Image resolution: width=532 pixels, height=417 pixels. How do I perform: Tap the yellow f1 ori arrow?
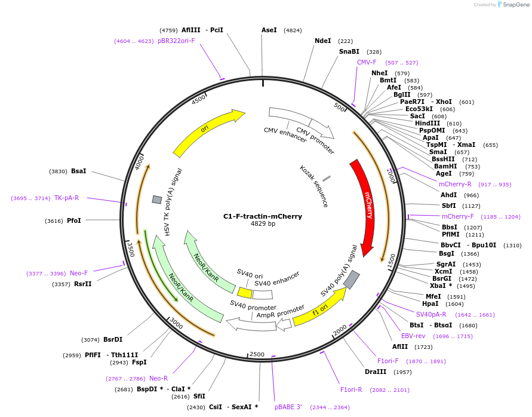[319, 309]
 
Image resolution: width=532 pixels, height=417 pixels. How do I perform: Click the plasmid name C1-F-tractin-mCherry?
[263, 216]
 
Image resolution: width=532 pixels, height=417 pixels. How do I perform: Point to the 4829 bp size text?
[263, 224]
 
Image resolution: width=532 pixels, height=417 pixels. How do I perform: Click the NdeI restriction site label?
[322, 41]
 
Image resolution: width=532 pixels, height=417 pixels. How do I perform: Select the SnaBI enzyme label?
[349, 52]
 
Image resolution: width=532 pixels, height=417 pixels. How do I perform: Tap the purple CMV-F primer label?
[367, 62]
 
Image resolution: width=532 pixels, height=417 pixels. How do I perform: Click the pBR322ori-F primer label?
[176, 41]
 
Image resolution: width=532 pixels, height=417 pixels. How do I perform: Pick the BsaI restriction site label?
[78, 171]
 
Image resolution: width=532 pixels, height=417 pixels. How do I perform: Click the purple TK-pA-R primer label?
[66, 198]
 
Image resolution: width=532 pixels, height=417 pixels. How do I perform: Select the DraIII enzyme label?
[376, 372]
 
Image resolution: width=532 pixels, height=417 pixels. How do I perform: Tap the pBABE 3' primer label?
[288, 407]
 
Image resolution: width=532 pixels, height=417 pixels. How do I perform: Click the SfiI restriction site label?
[199, 396]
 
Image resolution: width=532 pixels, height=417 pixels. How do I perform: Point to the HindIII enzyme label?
[427, 123]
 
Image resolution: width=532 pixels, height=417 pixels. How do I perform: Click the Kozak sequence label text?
[314, 186]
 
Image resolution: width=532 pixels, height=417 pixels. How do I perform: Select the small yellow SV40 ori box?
[245, 293]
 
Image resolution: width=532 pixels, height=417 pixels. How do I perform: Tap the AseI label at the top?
[269, 30]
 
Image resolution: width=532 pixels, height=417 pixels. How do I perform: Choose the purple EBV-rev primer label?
[413, 336]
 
